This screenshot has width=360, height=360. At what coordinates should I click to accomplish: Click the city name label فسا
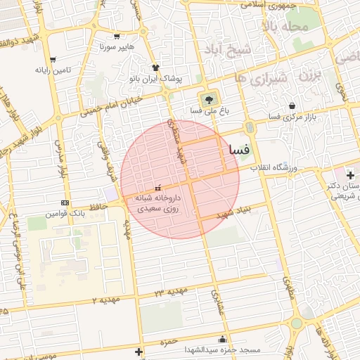coord(237,150)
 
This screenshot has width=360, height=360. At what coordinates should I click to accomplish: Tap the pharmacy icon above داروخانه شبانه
coord(158,188)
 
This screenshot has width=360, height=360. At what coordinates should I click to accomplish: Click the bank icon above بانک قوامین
coord(65,202)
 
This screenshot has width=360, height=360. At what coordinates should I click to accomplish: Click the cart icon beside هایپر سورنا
coord(117,37)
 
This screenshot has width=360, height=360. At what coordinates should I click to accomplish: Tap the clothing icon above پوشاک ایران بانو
coord(155,67)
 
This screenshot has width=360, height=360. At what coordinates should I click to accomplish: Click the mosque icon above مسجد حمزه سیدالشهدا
coord(223,338)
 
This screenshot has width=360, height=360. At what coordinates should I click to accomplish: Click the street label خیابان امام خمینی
coord(111,105)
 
